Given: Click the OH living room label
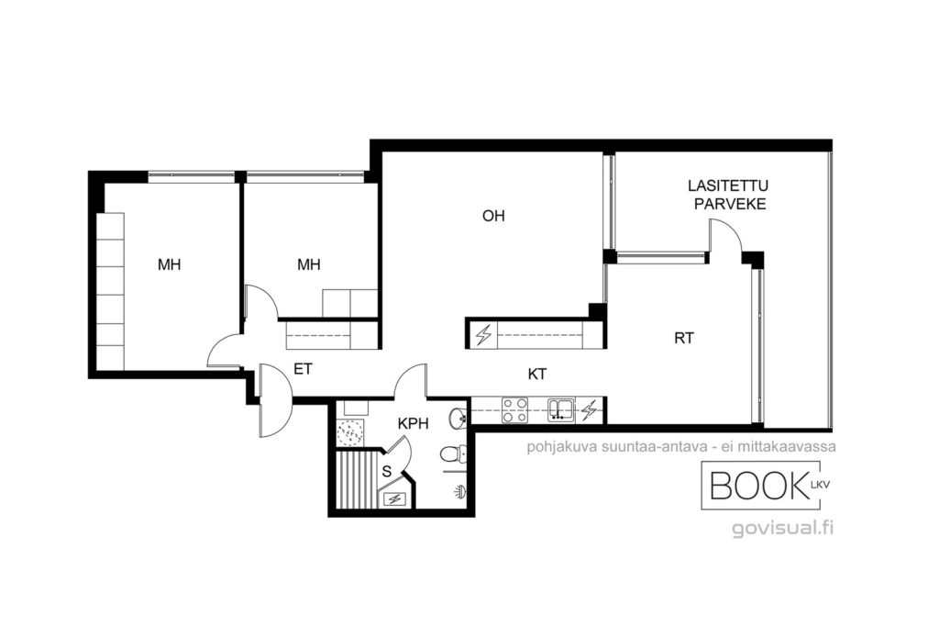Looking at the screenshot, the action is tap(493, 216).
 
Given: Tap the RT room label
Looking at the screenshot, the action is tap(684, 338).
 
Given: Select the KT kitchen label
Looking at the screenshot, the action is tap(537, 374).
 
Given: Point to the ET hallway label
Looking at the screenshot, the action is tap(303, 369).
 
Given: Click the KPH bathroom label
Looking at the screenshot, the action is tap(414, 423).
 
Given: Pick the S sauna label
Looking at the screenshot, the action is tap(387, 472).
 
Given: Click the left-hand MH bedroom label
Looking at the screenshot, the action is tap(169, 264).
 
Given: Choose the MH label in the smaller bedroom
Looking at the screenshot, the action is tap(309, 264).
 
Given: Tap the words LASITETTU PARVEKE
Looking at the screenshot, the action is tap(728, 195).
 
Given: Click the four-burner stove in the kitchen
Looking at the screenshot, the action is tap(514, 410).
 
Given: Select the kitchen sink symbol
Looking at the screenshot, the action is tap(561, 409).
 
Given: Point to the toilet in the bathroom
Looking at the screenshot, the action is tap(453, 455).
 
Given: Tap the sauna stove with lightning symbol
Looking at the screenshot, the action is tap(394, 498).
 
